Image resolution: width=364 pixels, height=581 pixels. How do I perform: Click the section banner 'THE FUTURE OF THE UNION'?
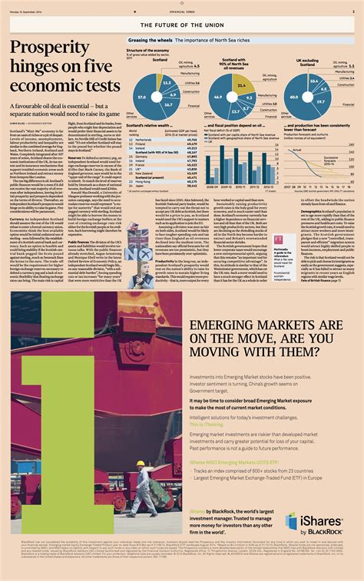(x=182, y=25)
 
